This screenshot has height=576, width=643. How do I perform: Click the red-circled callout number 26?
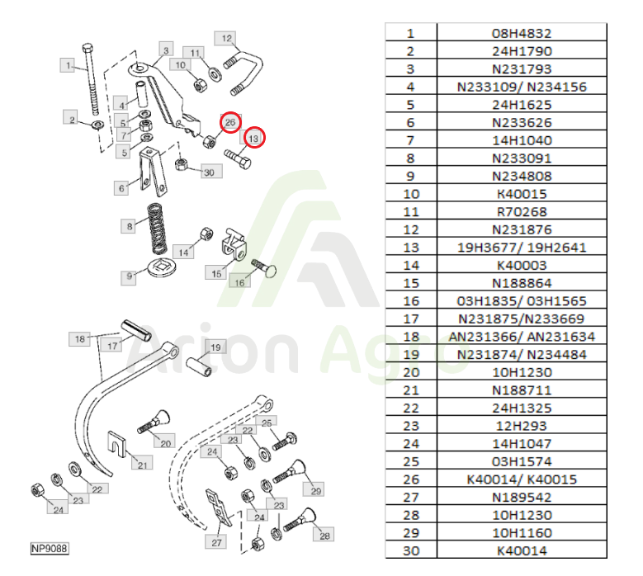[230, 122]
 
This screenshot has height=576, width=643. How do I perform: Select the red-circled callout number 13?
[254, 138]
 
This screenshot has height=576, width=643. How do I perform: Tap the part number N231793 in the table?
[522, 68]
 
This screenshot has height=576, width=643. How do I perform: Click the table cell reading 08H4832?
[522, 33]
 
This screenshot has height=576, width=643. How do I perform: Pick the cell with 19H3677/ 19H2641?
[522, 248]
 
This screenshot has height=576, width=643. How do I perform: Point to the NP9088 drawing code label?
[50, 548]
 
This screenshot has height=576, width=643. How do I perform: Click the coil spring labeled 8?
[157, 229]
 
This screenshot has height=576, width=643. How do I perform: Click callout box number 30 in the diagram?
[211, 172]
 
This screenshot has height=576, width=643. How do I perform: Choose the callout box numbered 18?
[79, 338]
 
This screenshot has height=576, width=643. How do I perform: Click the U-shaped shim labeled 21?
[117, 443]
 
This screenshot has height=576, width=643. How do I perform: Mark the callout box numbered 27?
[216, 541]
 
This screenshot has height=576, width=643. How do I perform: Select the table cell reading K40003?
[522, 265]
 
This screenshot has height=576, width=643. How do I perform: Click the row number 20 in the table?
[411, 372]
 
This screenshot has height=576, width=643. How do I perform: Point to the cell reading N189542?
[522, 497]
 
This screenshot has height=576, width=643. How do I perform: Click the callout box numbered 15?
[215, 272]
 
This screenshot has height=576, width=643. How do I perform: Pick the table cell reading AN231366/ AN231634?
[522, 337]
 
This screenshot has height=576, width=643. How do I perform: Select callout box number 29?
[314, 490]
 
